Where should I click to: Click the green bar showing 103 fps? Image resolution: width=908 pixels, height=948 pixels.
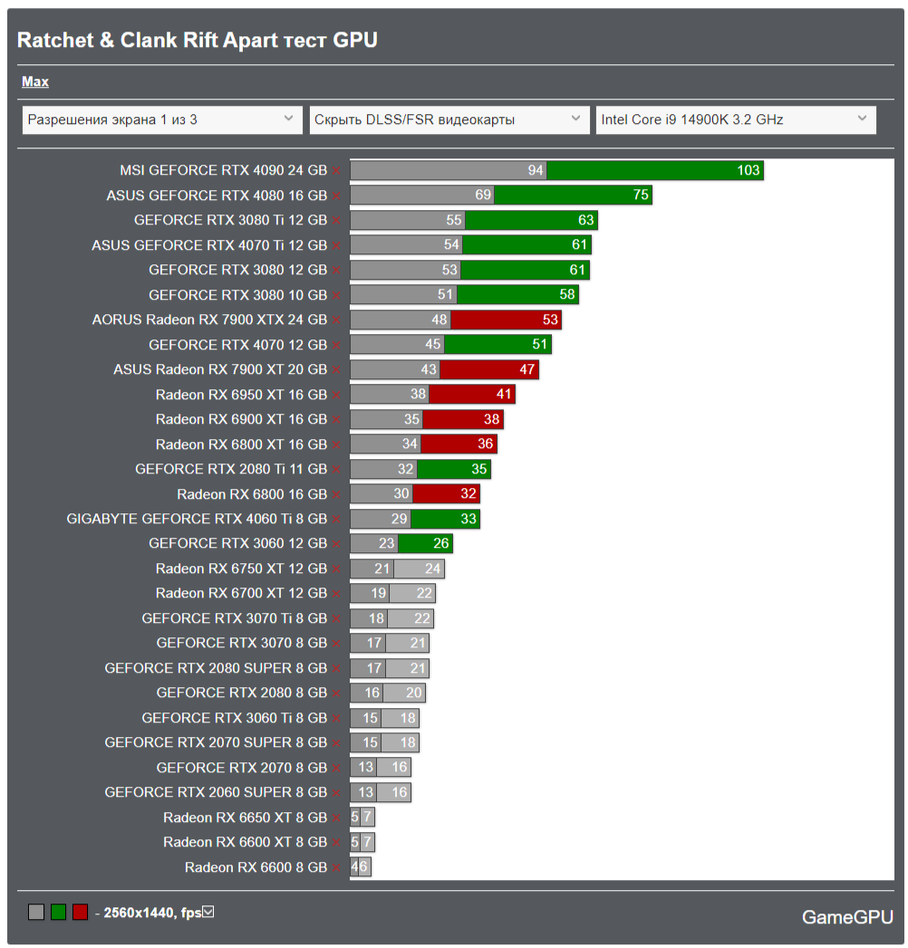point(654,170)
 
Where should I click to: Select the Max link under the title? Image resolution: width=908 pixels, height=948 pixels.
point(35,82)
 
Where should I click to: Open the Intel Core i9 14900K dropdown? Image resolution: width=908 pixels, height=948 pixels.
point(735,120)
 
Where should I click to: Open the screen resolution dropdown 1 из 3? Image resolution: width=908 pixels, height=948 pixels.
point(162,120)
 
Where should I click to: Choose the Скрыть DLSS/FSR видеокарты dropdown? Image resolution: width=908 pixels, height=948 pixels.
point(449,120)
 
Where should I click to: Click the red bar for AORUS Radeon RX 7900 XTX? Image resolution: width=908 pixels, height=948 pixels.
point(506,320)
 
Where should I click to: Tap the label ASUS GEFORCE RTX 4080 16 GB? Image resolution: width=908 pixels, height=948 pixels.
point(217,196)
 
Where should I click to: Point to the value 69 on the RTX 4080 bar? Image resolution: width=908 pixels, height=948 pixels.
point(483,196)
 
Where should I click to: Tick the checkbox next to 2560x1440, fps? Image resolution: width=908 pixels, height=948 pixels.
point(208,912)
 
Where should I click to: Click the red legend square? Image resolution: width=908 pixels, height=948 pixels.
point(80,913)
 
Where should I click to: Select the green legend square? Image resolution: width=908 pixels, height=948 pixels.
point(58,913)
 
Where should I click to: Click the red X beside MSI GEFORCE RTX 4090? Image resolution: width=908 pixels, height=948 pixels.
point(337,170)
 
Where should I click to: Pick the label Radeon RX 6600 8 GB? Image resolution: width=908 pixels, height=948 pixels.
point(256,867)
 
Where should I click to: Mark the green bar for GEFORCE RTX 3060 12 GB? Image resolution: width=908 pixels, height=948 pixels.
point(425,543)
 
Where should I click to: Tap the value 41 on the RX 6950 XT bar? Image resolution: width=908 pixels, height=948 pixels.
point(503,394)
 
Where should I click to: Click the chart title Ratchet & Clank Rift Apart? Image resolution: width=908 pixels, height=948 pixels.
point(198,40)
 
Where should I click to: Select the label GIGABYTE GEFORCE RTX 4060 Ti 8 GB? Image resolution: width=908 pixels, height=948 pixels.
point(197,519)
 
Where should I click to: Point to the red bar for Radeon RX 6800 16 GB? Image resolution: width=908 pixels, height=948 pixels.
point(445,493)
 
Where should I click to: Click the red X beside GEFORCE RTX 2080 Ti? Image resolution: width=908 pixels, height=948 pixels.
point(337,469)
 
